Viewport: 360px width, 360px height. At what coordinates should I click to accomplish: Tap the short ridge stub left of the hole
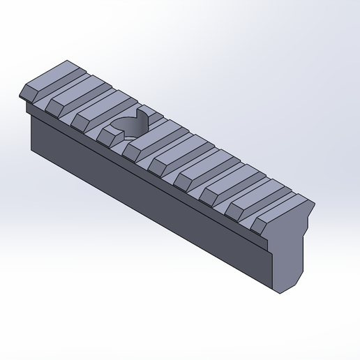pos(108,131)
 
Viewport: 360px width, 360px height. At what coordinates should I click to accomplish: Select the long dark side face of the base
pos(140,195)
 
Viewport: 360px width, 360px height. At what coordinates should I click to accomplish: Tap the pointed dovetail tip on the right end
pos(314,205)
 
